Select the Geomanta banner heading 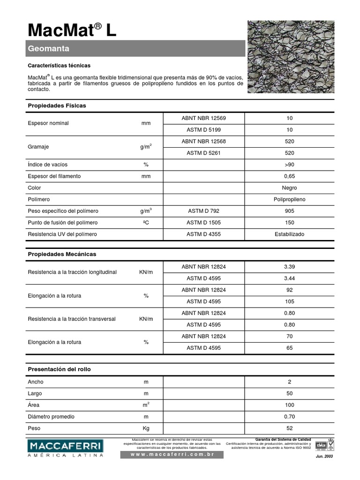point(49,48)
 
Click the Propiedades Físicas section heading point(57,106)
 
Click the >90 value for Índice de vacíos point(289,165)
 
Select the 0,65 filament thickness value point(289,176)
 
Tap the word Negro point(289,188)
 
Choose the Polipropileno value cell point(289,199)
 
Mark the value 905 point(289,211)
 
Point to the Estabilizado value point(289,234)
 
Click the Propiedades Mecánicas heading point(62,254)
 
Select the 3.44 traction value point(289,278)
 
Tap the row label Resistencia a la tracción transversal point(72,319)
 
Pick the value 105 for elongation point(289,301)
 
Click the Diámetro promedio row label point(51,417)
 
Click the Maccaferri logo point(65,448)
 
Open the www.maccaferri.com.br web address point(172,455)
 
